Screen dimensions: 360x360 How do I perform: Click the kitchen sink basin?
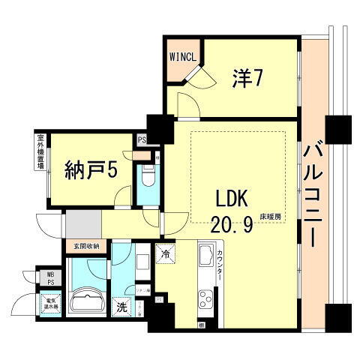click(205, 261)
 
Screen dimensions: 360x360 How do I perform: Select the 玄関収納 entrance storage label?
click(86, 246)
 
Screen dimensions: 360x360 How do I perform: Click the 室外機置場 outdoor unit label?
click(38, 152)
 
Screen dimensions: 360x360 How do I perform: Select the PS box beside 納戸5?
click(142, 139)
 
